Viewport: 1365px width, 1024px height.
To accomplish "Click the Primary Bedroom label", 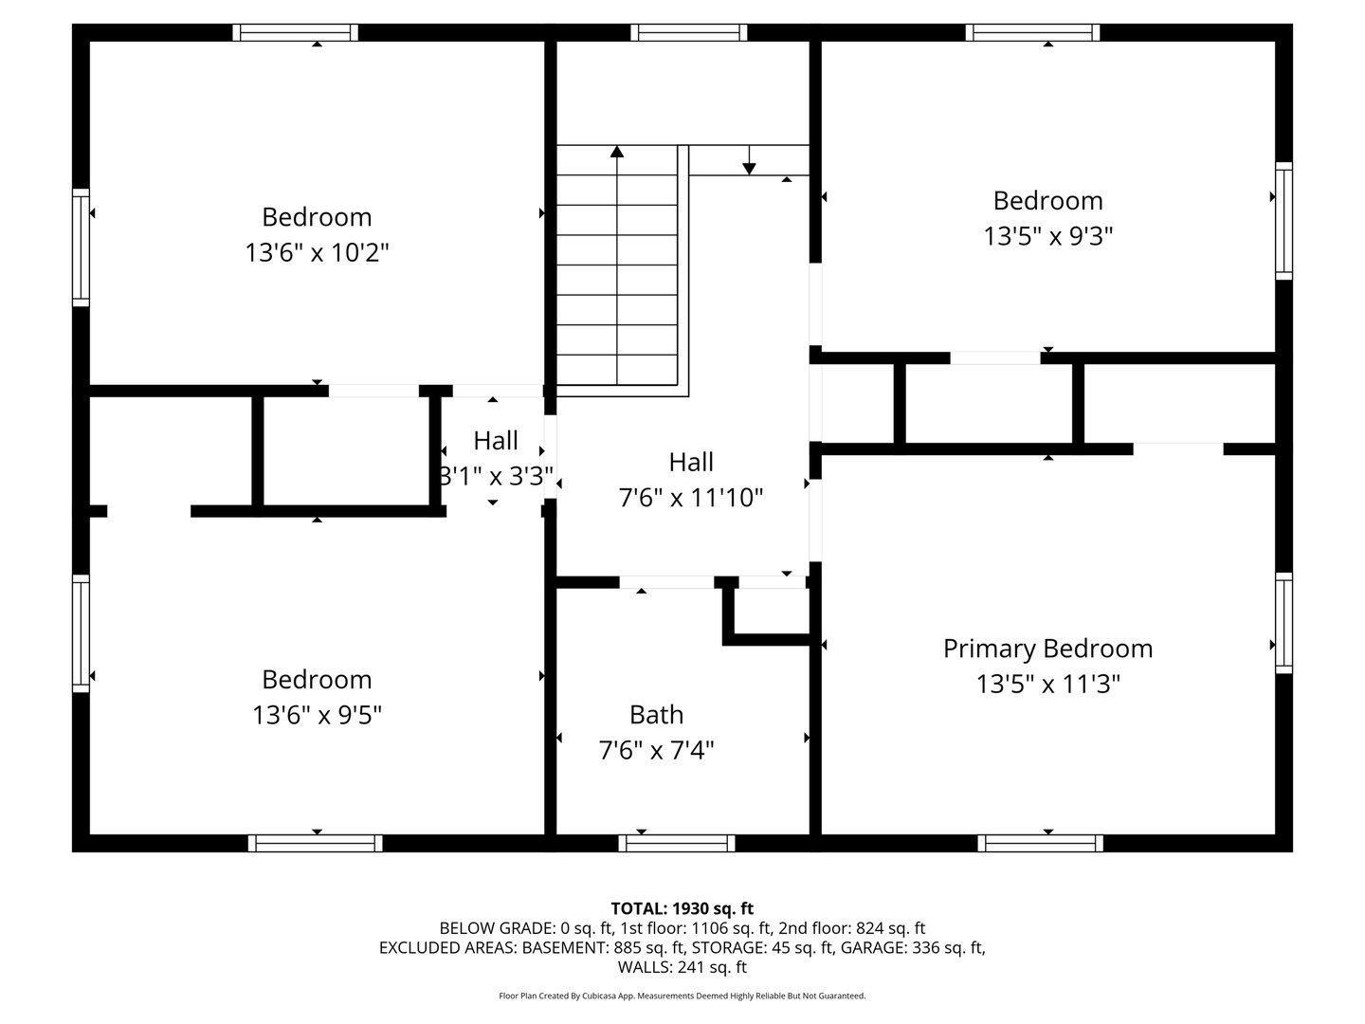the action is [x=1047, y=649].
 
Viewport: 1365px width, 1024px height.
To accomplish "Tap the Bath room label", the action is [x=656, y=714].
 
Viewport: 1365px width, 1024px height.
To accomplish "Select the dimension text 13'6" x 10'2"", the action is [x=317, y=252].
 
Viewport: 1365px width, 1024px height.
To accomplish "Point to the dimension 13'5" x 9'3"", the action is [x=1047, y=236].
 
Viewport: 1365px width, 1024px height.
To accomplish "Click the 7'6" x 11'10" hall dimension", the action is [x=690, y=498].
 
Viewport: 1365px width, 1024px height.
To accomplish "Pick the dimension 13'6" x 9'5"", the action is [x=317, y=715].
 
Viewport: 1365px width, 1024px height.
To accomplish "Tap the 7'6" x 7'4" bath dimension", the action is [x=656, y=750].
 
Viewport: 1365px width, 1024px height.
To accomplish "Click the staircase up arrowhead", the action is [x=617, y=151].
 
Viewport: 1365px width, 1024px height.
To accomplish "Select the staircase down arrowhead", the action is [x=750, y=169].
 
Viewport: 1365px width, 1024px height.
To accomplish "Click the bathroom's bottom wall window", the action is [x=677, y=843].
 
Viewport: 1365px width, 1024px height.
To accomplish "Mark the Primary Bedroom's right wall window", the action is [x=1283, y=623].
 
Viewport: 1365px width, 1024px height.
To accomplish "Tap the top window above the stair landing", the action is [x=688, y=32].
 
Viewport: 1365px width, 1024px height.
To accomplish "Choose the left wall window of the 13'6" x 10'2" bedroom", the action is [x=81, y=247].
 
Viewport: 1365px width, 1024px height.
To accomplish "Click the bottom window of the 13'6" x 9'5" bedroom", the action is [x=316, y=843].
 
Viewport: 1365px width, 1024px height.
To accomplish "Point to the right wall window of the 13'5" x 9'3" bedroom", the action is [x=1283, y=221].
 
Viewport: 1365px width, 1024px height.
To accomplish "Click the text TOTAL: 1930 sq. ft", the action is [x=682, y=908].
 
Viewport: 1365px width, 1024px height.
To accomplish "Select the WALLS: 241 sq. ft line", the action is [x=682, y=967].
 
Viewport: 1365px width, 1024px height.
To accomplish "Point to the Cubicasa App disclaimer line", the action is [x=682, y=996].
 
